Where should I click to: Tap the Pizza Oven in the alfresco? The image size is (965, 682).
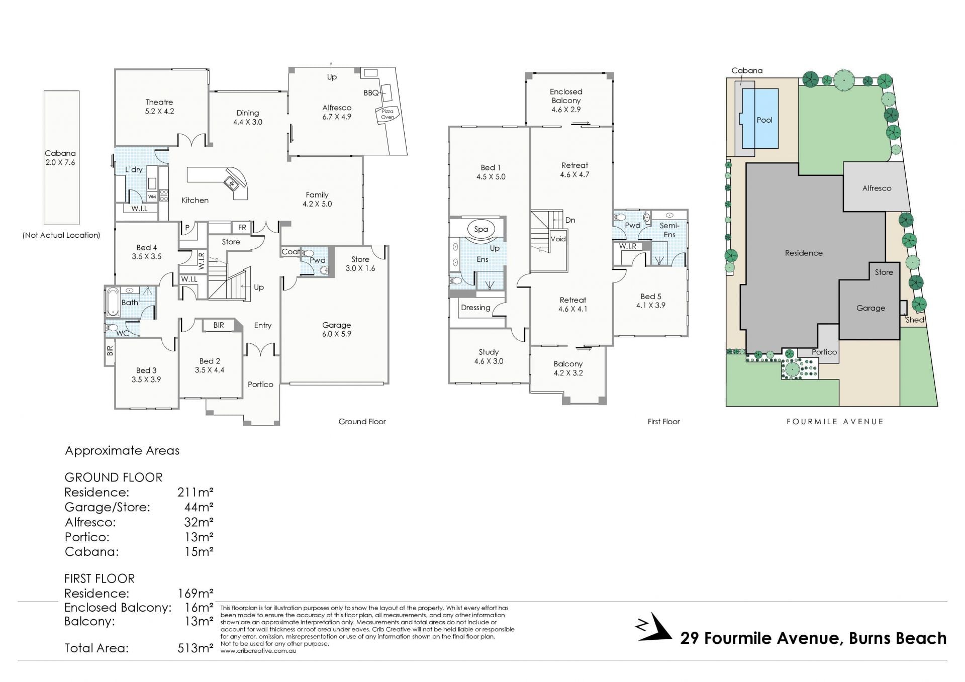pos(388,115)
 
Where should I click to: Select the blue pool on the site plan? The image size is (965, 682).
pos(760,119)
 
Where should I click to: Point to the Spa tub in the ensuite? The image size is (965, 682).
pos(480,229)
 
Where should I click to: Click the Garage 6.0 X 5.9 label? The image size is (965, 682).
pos(337,329)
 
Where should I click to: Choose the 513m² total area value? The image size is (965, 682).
pos(196,648)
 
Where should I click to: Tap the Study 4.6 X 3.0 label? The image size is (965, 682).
pos(489,356)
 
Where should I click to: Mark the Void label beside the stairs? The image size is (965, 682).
pos(558,239)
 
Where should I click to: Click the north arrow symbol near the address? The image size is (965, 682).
pos(653,627)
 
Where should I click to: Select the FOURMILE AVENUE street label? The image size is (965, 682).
pos(835,422)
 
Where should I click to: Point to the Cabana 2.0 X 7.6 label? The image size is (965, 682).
pos(60,158)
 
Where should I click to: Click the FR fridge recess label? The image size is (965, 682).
pos(242,228)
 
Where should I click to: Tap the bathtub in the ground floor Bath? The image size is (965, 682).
pos(112,301)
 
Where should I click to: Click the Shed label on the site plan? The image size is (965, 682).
pos(915,320)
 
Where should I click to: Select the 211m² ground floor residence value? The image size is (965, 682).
pos(196,492)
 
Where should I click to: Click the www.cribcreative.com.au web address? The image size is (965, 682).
pos(258,651)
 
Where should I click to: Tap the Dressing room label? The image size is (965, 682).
pos(475,308)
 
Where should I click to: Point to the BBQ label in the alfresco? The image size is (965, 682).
pos(371,93)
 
